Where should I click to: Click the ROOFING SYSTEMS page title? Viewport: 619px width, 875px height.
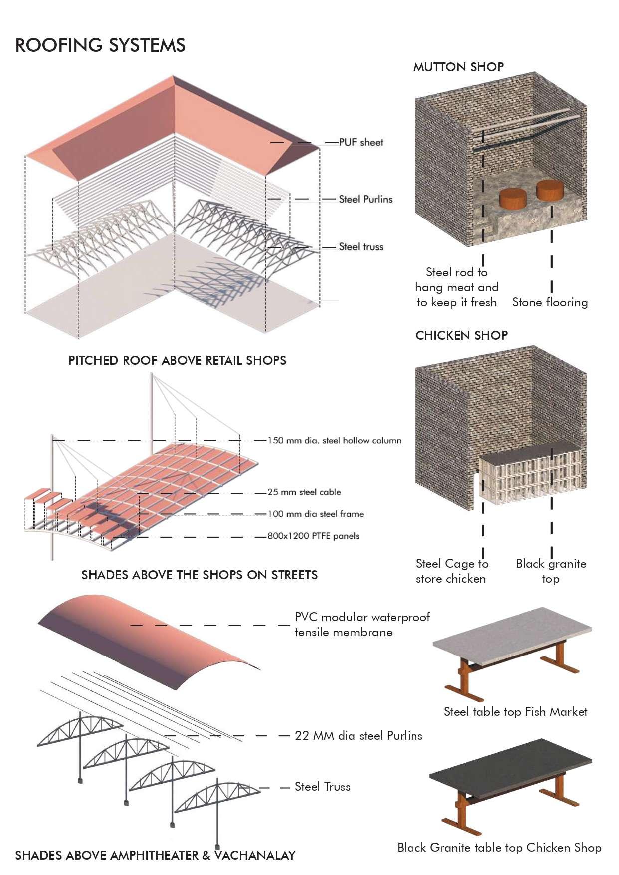coord(100,45)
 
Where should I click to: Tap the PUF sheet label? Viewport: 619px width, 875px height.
coord(361,142)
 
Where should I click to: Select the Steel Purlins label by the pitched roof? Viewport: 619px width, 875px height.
coord(365,199)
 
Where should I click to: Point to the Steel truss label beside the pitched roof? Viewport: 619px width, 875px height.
coord(361,247)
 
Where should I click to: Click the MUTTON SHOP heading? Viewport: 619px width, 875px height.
coord(458,67)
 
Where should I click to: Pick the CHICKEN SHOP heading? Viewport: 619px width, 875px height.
coord(461,335)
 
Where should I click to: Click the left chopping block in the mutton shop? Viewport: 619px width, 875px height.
coord(513,199)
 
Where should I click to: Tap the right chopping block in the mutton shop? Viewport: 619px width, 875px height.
coord(550,190)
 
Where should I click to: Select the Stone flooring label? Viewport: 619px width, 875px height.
coord(550,302)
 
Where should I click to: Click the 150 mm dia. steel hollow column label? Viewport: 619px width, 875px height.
coord(334,441)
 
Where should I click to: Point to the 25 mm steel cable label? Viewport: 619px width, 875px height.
coord(304,492)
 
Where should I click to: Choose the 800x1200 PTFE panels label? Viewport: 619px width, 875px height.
coord(313,536)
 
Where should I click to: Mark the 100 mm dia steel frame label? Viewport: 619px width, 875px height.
coord(316,514)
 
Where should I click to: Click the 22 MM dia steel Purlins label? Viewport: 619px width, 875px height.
coord(358,736)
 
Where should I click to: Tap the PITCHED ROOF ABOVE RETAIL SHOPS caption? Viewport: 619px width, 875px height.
coord(177,361)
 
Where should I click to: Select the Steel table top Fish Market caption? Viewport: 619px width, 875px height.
coord(515,712)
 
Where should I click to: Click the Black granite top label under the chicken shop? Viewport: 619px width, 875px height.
coord(551,571)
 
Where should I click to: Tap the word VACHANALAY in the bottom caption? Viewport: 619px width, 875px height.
coord(255,856)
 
